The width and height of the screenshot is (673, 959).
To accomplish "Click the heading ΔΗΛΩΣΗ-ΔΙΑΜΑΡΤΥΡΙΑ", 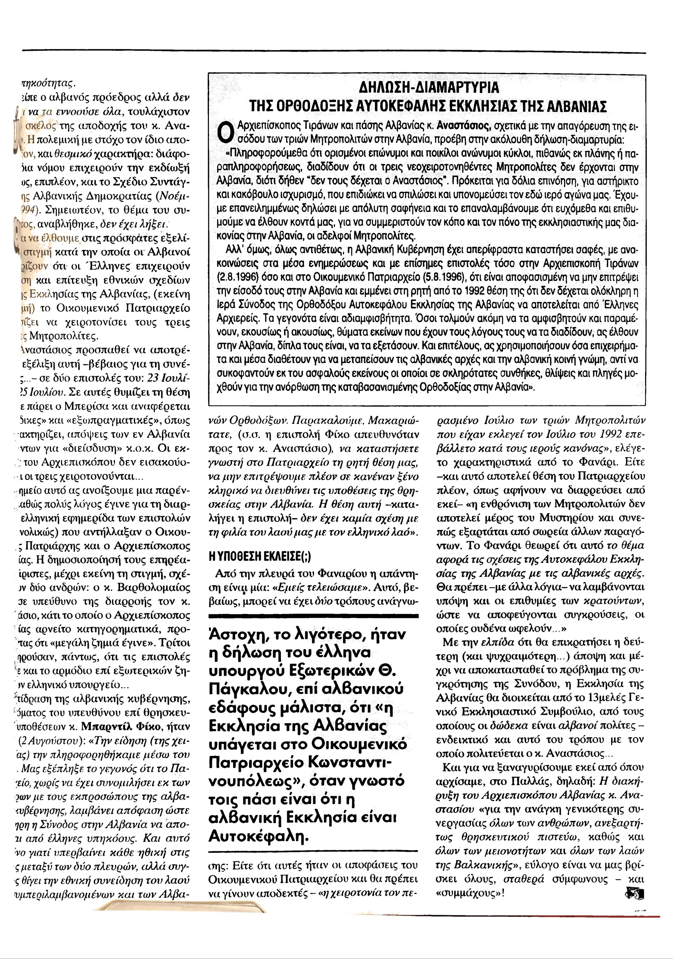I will pos(429,88).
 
